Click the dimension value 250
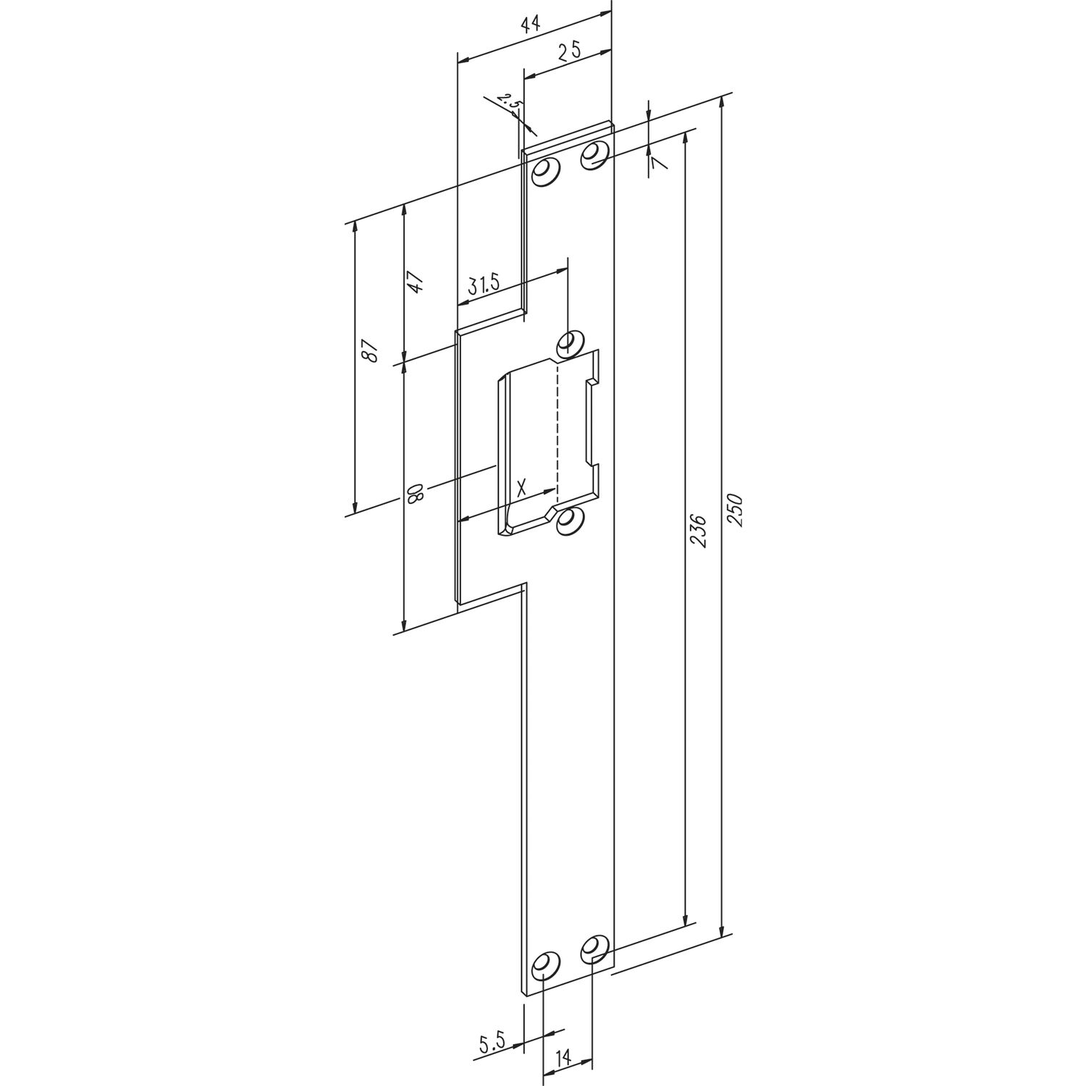pos(733,510)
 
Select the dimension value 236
pos(697,531)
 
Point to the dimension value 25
pos(571,51)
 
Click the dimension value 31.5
pos(484,284)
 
